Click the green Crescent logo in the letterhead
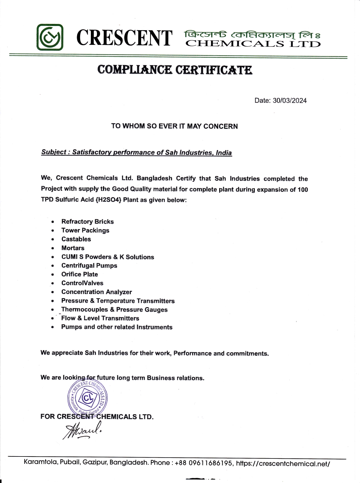tap(50, 37)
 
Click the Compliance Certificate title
tap(175, 69)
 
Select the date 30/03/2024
tap(289, 101)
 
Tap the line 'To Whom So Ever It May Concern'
tap(174, 126)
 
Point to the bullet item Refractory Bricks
tap(87, 221)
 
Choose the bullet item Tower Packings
tap(85, 230)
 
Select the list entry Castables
tap(76, 239)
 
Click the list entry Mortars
tap(73, 248)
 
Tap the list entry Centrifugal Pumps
tap(89, 265)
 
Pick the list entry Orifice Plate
tap(80, 274)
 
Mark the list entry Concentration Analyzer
tap(96, 292)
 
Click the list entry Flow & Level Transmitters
tap(100, 318)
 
